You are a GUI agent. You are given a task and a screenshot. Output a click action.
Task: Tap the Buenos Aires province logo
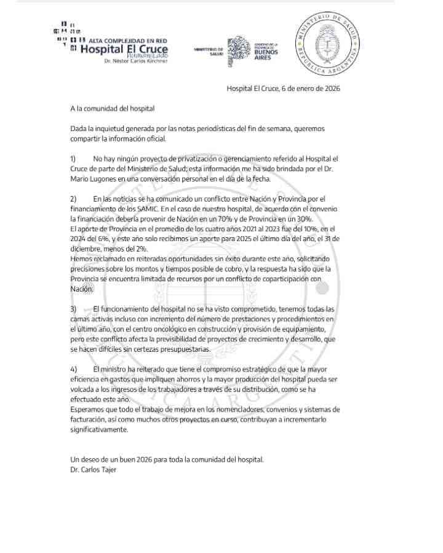coord(253,49)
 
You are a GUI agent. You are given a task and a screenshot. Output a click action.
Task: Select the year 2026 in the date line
coord(332,89)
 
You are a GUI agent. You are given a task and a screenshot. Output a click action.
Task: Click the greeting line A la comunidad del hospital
coord(113,109)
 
